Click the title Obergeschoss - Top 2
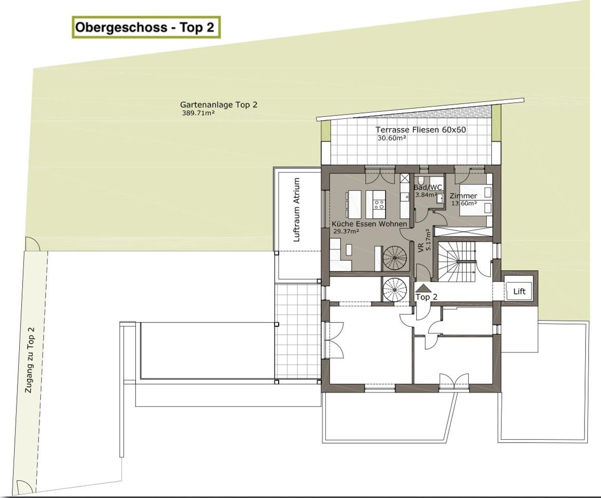[145, 28]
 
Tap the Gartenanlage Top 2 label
[218, 105]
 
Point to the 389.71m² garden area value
[198, 113]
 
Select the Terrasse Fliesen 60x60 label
[421, 130]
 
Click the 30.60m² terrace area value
[392, 138]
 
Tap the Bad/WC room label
[427, 188]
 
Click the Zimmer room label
[463, 196]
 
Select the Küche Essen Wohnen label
[370, 224]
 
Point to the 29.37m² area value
[346, 231]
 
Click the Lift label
[519, 291]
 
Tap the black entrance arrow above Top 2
[424, 288]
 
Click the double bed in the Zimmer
[476, 200]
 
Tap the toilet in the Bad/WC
[421, 180]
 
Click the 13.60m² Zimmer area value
[464, 203]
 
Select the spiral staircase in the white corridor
[394, 290]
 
